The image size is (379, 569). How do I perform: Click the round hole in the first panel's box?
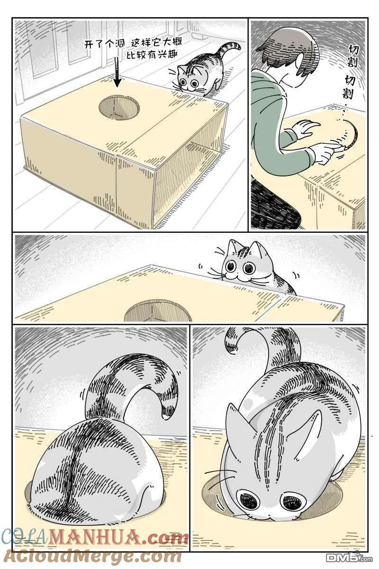click(x=119, y=108)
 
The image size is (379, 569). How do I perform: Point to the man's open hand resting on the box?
click(x=305, y=129)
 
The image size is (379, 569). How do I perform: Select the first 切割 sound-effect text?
click(x=353, y=56)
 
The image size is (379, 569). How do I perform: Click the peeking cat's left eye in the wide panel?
click(x=231, y=266)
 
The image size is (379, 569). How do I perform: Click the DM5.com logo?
click(x=350, y=558)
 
